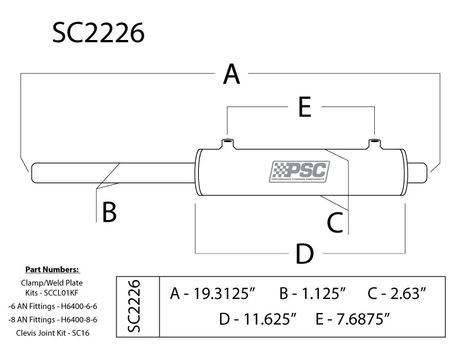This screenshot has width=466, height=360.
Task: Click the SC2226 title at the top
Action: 98,34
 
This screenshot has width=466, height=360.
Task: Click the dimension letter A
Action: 232,75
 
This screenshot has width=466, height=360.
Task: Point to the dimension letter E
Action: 304,108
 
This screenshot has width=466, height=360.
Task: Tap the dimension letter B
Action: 109,212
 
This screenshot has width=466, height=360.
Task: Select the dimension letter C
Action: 335,222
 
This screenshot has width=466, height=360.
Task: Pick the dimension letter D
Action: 304,254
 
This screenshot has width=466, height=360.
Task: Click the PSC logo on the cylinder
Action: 299,172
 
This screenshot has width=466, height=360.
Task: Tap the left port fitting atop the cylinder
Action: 227,144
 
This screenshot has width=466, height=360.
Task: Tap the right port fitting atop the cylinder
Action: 375,144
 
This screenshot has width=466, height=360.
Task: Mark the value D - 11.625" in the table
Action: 257,319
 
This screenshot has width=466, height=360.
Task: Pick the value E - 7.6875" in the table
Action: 353,319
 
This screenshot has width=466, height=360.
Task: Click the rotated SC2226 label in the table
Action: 134,306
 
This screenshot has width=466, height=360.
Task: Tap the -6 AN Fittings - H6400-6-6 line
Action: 52,306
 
